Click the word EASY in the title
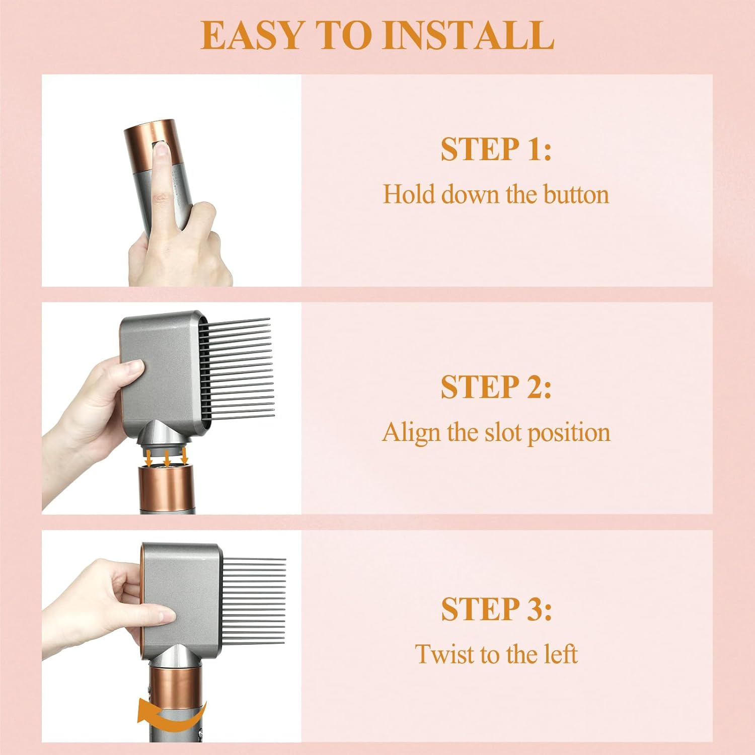251,35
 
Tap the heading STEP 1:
496,149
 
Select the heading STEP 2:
496,387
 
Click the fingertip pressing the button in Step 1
161,149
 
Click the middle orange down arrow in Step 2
167,458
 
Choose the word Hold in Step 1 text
408,195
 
